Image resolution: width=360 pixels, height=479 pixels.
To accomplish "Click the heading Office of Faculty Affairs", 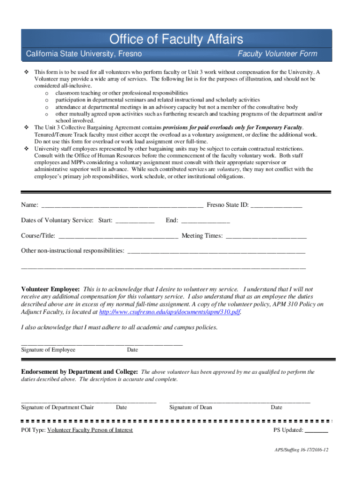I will (176, 39).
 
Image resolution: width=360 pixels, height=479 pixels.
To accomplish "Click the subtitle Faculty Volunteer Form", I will (277, 54).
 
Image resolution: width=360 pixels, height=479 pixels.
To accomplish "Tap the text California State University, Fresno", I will (84, 54).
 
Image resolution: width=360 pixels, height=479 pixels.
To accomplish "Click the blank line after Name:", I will (122, 205).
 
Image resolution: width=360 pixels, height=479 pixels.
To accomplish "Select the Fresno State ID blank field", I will (276, 205).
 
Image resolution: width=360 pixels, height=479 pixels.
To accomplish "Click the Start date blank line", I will (135, 221).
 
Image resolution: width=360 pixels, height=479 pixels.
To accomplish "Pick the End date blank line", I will (205, 221).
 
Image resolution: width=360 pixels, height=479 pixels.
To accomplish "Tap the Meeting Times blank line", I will (266, 236).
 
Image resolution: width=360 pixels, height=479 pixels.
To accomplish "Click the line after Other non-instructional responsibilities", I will (216, 251).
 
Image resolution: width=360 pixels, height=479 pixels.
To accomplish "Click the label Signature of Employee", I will (48, 350).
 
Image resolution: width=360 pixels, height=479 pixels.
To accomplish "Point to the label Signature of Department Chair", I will (58, 407).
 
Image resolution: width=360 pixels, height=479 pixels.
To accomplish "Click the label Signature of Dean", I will (190, 407).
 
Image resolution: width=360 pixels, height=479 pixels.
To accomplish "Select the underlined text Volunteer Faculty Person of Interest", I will (90, 430).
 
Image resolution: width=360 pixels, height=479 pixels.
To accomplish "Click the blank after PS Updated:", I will (317, 430).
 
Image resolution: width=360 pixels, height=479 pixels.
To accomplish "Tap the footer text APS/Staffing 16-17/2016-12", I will (302, 450).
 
